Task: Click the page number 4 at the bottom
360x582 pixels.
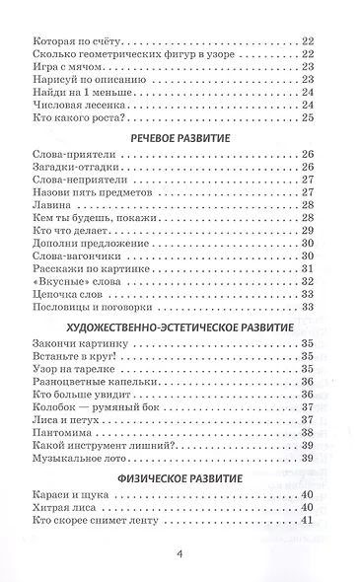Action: [x=180, y=553]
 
